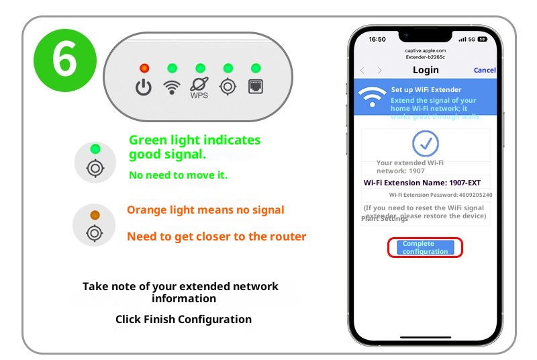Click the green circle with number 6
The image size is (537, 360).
click(x=64, y=60)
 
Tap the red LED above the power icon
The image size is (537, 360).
click(x=144, y=68)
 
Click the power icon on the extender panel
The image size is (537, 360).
click(x=144, y=87)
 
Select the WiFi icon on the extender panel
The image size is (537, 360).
click(x=172, y=87)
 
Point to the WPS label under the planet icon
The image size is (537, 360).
click(x=199, y=96)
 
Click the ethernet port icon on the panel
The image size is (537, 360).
click(x=256, y=87)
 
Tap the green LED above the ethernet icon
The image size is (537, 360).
click(x=256, y=68)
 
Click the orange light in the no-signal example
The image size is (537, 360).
click(x=95, y=214)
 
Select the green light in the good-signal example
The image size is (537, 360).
click(x=95, y=148)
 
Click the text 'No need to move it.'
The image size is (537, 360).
click(x=178, y=176)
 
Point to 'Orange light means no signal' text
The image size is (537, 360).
click(x=205, y=210)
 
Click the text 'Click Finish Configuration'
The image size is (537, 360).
click(x=183, y=319)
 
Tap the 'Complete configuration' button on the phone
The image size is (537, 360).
click(x=425, y=247)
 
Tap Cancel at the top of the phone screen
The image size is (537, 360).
click(x=485, y=70)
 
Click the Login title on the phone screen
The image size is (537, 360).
click(x=426, y=70)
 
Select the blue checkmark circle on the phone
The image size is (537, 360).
click(x=425, y=142)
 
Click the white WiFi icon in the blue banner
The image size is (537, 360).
click(x=372, y=97)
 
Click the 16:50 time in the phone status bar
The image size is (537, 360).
click(x=378, y=39)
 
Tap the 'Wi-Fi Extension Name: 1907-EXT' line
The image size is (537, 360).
click(x=422, y=183)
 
